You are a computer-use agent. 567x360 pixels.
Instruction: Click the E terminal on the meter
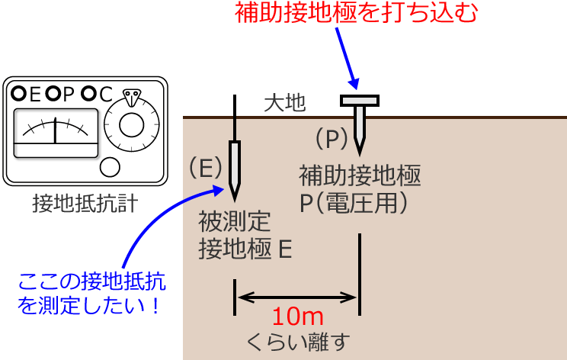coord(19,94)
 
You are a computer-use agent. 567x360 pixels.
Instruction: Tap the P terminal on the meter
coord(53,94)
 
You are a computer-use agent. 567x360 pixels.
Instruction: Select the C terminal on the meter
coord(89,94)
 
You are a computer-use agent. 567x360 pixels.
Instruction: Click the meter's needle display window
coord(56,132)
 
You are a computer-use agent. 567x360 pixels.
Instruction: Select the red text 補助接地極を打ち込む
coord(355,14)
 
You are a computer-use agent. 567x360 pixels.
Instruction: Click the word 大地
coord(283,103)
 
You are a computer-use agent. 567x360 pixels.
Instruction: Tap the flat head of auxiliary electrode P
coord(360,100)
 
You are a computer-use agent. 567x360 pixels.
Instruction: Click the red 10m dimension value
coord(298,316)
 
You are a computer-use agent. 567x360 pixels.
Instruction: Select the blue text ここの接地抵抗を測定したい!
coord(91,294)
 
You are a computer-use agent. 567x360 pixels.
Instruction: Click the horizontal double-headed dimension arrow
coord(296,297)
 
